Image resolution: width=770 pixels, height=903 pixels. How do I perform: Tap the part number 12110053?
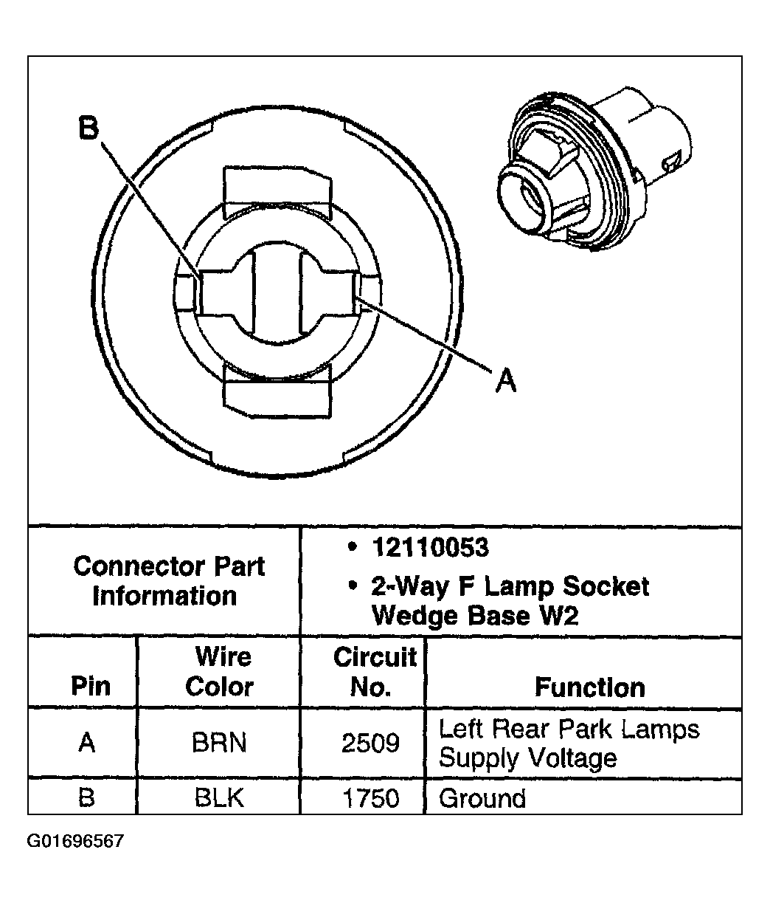coord(430,548)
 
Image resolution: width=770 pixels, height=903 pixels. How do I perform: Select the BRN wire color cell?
coord(218,742)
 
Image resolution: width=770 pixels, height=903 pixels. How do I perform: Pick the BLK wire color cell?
coord(218,798)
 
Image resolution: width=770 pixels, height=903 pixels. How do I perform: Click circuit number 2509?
coord(370,742)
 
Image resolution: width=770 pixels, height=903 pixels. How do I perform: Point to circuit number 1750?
coord(370,798)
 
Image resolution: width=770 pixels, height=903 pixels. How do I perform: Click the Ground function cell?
coord(482,798)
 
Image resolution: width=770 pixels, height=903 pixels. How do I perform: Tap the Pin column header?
coord(91,686)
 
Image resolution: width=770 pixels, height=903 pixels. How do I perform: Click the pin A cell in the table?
coord(86,742)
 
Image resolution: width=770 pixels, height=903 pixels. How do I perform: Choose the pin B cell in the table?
coord(86,798)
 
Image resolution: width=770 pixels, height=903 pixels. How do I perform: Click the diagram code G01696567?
coord(76,842)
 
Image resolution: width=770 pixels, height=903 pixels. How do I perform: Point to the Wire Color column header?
coord(220,671)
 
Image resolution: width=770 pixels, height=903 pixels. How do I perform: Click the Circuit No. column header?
coord(374,671)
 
